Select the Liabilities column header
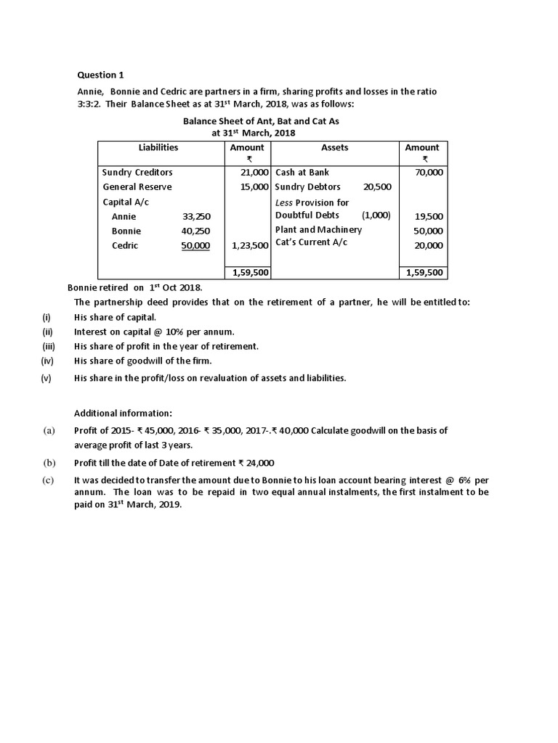tap(158, 147)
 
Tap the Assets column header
tap(334, 147)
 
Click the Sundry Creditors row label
tap(137, 172)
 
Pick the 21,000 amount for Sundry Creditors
tap(255, 172)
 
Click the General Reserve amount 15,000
tap(255, 186)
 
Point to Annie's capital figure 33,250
tap(196, 216)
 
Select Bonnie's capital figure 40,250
tap(196, 231)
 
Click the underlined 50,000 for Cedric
tap(195, 245)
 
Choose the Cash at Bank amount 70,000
tap(429, 172)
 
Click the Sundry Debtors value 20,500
tap(377, 186)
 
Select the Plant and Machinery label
tap(318, 229)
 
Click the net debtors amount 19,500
tap(429, 216)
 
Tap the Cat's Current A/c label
tap(311, 242)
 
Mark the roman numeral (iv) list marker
tap(47, 361)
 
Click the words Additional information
tap(124, 413)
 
